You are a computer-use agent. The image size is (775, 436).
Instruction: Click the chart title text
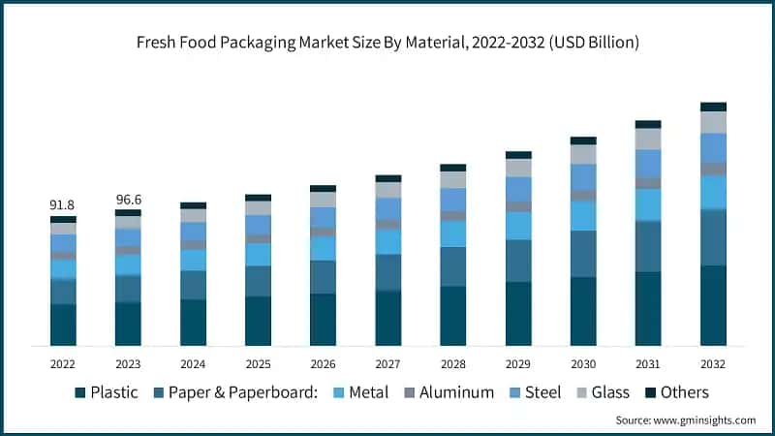pyautogui.click(x=387, y=44)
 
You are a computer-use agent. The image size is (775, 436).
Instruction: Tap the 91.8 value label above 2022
pyautogui.click(x=63, y=205)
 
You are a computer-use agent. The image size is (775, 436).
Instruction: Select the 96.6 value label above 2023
pyautogui.click(x=128, y=200)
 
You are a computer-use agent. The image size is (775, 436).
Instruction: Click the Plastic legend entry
pyautogui.click(x=106, y=392)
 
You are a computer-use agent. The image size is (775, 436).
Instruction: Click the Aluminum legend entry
pyautogui.click(x=451, y=392)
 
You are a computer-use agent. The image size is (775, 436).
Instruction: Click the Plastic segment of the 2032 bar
pyautogui.click(x=713, y=305)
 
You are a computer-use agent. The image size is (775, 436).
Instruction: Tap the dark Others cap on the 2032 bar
pyautogui.click(x=713, y=107)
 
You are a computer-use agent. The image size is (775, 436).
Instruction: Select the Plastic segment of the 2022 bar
pyautogui.click(x=63, y=325)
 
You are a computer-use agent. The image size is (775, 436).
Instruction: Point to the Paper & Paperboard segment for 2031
pyautogui.click(x=648, y=246)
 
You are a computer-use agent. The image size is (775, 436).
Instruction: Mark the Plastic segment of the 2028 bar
pyautogui.click(x=452, y=316)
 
